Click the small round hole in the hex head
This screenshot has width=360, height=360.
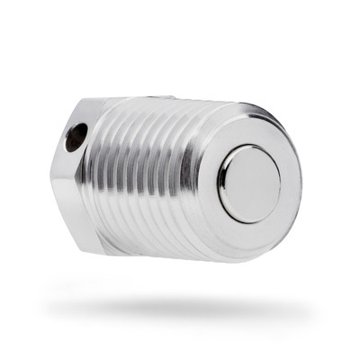coord(76,137)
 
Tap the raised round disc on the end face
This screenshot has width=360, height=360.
coord(249,183)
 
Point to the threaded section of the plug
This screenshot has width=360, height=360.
coord(153,180)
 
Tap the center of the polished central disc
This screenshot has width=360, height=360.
coord(249,183)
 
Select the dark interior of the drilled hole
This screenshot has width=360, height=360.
coord(75,138)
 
